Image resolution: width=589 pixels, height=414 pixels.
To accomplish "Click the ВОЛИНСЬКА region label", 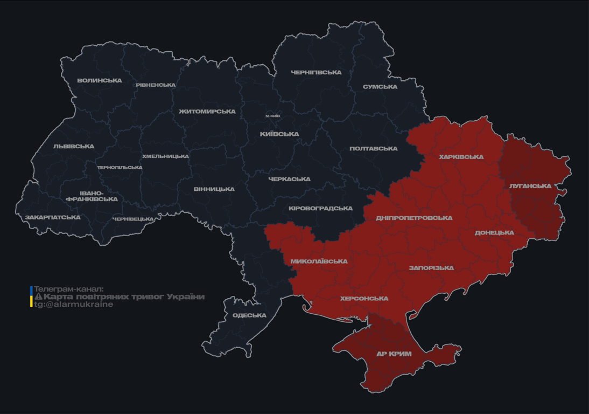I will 100,81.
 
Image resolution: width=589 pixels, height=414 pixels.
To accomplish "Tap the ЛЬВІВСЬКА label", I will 74,147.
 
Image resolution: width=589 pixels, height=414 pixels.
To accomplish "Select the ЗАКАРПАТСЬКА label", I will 53,218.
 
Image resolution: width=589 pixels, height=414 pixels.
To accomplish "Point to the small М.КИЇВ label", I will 272,116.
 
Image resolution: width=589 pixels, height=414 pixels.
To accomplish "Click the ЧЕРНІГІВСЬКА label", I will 316,72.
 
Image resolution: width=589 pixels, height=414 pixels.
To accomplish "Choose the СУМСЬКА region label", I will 380,87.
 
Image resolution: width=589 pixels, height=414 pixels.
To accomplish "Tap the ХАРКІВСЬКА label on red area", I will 461,157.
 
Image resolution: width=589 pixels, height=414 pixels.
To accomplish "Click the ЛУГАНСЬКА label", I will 530,186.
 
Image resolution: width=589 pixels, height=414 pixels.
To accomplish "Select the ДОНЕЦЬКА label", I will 494,233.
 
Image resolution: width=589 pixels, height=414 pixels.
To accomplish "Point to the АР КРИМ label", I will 394,354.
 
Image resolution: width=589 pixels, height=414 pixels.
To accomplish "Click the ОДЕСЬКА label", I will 249,315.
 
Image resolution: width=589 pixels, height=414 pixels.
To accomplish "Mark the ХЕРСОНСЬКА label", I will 364,299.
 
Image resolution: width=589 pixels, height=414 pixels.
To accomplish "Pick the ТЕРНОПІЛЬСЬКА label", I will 120,168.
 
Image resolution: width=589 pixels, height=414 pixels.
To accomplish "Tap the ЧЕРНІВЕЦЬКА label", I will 133,219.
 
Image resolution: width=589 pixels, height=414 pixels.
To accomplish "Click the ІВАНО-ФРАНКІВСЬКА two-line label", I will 92,196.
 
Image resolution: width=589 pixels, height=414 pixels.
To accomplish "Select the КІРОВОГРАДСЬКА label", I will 320,209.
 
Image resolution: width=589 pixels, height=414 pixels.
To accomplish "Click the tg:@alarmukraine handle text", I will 73,305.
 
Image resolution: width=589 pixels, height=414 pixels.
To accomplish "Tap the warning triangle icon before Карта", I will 38,297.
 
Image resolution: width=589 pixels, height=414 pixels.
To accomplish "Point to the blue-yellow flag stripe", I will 31,296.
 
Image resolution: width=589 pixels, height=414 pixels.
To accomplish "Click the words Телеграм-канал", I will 68,289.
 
